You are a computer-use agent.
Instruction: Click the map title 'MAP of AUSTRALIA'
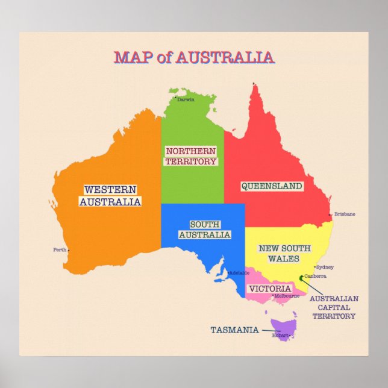(x=194, y=58)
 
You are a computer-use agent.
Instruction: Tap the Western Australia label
(x=110, y=196)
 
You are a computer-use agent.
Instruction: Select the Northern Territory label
(x=191, y=156)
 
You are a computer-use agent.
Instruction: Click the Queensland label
(x=272, y=186)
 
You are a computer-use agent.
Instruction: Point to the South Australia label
(x=205, y=230)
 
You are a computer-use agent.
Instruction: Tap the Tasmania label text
(x=234, y=330)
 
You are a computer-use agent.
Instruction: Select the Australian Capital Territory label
(x=334, y=307)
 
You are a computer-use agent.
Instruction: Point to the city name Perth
(x=59, y=249)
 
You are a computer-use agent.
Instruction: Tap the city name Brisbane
(x=345, y=214)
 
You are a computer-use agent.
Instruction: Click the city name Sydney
(x=325, y=267)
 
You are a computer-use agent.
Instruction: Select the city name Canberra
(x=316, y=277)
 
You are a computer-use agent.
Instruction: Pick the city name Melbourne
(x=287, y=296)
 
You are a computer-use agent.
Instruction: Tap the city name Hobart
(x=280, y=335)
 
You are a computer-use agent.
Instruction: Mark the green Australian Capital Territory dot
(x=302, y=278)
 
